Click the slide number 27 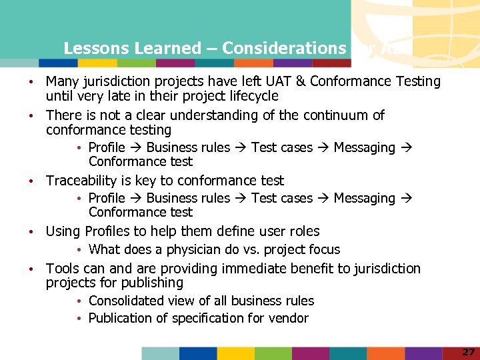[468, 351]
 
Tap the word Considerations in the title [284, 48]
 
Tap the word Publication [121, 318]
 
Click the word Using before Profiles [63, 231]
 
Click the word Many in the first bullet [62, 81]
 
